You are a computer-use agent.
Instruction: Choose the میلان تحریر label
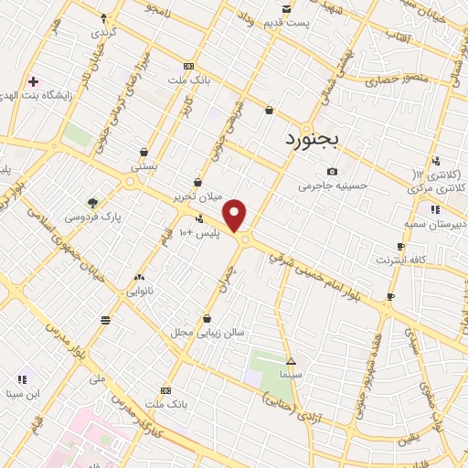pos(198,197)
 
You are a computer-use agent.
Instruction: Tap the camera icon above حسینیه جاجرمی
pos(332,171)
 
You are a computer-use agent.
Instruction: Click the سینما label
pos(291,375)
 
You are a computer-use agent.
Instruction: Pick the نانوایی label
pos(139,291)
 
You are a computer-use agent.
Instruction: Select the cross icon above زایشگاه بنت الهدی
pos(33,81)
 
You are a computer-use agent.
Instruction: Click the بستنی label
pos(144,167)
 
